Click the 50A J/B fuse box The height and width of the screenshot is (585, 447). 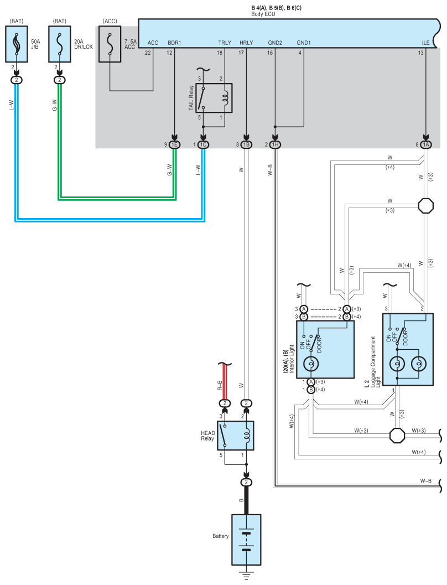(17, 44)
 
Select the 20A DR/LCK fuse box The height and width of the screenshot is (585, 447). (60, 44)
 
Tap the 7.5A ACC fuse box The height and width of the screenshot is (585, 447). (110, 44)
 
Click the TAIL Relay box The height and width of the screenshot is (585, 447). (214, 98)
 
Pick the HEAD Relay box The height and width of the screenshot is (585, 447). (236, 436)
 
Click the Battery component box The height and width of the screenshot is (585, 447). (246, 540)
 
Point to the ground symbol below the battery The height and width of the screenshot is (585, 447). (246, 575)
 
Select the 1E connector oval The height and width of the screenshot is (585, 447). (174, 145)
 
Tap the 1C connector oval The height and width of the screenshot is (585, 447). (203, 145)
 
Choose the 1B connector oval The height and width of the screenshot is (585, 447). (246, 145)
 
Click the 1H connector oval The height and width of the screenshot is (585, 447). (275, 145)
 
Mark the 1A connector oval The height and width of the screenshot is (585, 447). (426, 145)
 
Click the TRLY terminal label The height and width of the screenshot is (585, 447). (225, 43)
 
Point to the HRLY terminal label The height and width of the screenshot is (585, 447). (246, 43)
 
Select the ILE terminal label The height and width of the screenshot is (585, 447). (426, 43)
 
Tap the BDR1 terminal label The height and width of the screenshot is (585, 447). (174, 43)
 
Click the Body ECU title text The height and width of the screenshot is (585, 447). (263, 14)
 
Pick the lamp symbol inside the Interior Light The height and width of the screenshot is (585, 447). (311, 364)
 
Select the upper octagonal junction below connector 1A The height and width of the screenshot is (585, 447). (426, 205)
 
